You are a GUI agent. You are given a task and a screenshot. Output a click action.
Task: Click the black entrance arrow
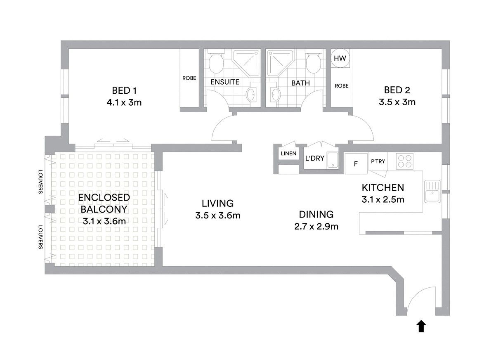421,326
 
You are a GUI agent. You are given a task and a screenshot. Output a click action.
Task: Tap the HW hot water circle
340,58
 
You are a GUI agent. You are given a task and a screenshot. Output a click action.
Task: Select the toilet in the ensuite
216,61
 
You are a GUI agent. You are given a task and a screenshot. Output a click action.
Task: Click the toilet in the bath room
314,61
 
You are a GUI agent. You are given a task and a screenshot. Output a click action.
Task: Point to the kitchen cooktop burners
405,161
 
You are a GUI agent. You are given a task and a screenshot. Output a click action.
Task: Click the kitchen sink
432,192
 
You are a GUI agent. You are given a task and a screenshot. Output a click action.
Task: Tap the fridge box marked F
356,163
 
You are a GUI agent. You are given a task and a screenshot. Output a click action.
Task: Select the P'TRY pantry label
378,161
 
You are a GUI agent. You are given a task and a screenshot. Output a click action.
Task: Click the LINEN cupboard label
288,154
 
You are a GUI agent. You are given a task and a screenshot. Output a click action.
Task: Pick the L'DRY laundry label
314,158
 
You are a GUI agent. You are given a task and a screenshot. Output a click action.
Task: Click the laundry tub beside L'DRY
333,160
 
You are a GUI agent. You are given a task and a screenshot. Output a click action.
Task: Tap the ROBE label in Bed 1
189,78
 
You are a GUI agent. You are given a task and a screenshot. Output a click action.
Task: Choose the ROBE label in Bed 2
342,85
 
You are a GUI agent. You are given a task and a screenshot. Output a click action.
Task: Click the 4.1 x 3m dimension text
124,102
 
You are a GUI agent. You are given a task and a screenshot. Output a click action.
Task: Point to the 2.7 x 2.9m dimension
316,226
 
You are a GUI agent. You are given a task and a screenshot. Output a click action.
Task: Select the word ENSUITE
225,82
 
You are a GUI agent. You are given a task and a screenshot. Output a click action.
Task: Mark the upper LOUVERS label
40,182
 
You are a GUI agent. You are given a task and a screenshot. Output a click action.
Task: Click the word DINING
316,214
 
